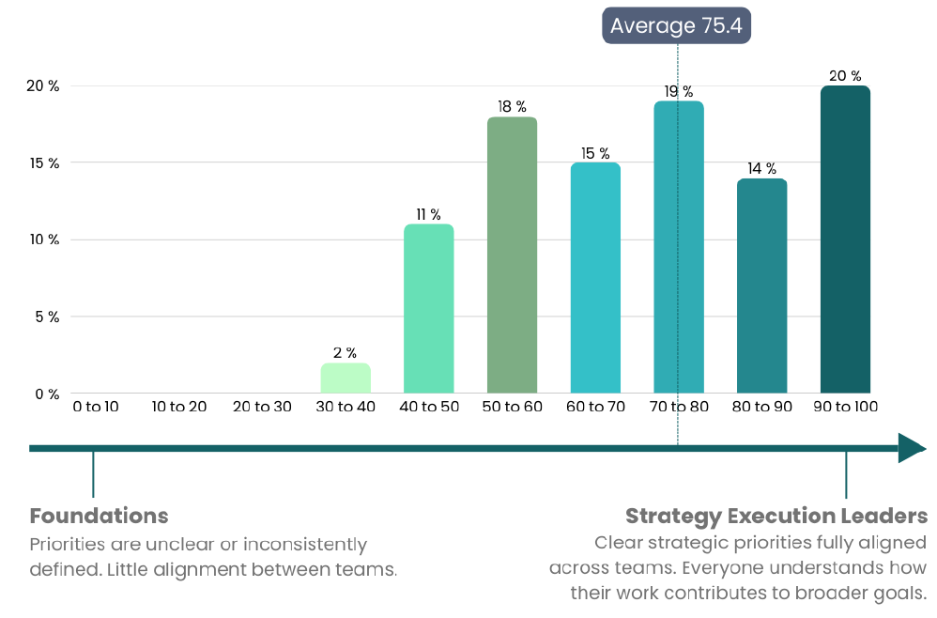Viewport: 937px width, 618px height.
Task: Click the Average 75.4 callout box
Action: pyautogui.click(x=676, y=25)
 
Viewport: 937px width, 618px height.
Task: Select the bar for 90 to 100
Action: pyautogui.click(x=845, y=239)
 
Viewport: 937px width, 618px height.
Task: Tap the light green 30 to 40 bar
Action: pyautogui.click(x=346, y=378)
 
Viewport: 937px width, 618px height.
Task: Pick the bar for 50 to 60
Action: pyautogui.click(x=512, y=255)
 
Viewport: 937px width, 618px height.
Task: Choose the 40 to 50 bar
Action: pyautogui.click(x=428, y=308)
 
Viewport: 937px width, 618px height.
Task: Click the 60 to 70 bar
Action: pyautogui.click(x=595, y=277)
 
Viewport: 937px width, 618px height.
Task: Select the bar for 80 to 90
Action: pyautogui.click(x=761, y=286)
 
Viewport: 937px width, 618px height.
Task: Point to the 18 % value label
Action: pyautogui.click(x=512, y=106)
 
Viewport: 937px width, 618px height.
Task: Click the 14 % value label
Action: pyautogui.click(x=761, y=168)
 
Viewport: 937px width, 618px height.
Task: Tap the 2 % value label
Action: pyautogui.click(x=345, y=352)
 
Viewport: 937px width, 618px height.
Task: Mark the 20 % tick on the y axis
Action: pyautogui.click(x=43, y=86)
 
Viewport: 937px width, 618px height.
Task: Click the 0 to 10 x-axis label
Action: pyautogui.click(x=96, y=407)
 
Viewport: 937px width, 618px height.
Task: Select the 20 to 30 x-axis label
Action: pyautogui.click(x=262, y=407)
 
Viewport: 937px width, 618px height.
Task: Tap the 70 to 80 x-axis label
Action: pyautogui.click(x=679, y=407)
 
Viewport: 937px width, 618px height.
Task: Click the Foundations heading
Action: pyautogui.click(x=99, y=516)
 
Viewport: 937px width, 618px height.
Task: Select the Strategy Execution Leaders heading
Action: pyautogui.click(x=776, y=516)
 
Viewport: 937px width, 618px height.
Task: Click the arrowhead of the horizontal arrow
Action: pyautogui.click(x=911, y=448)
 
